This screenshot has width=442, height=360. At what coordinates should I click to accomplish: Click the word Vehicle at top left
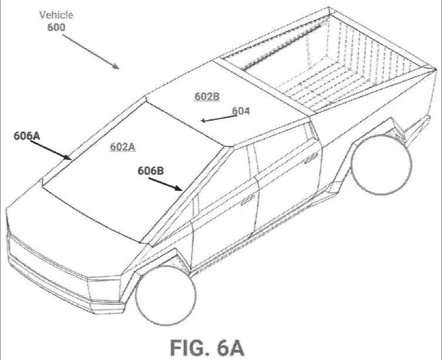coord(56,15)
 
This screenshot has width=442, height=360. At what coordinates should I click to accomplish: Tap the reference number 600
coord(56,27)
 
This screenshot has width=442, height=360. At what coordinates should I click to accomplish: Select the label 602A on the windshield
coord(123,147)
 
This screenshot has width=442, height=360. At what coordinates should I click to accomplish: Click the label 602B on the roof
coord(207,96)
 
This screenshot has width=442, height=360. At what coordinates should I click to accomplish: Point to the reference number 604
coord(241,111)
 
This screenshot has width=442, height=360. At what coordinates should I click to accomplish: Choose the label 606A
coord(27,135)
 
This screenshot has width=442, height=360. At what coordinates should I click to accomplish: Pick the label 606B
coord(151,171)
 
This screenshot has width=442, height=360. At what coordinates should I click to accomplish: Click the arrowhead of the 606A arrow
coord(68,158)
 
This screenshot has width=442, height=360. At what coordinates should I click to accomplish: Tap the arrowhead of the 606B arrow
coord(179,188)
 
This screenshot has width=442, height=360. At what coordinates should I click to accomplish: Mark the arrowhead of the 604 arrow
coord(203,121)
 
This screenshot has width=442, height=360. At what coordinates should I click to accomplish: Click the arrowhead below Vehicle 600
coord(115,66)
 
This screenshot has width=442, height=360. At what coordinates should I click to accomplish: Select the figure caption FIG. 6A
coord(207,348)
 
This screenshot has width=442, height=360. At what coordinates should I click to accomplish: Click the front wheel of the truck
coord(165,294)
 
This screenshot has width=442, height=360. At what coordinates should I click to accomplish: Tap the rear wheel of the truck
coord(381,164)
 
